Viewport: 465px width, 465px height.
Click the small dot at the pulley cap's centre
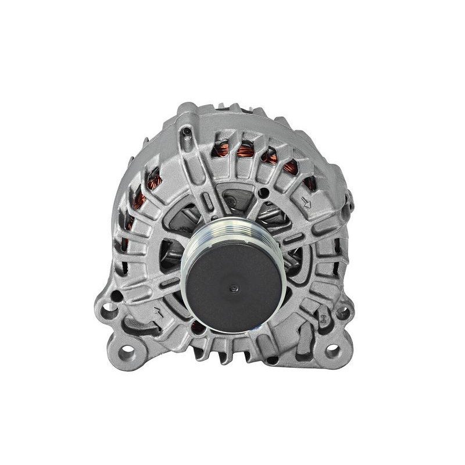pos(234,287)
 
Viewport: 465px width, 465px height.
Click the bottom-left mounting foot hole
pos(127,352)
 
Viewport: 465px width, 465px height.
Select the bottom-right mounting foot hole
pos(332,351)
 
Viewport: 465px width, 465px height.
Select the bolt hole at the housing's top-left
pos(185,133)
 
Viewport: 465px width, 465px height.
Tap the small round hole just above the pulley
pos(264,191)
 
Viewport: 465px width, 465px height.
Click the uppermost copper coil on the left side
pos(153,179)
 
